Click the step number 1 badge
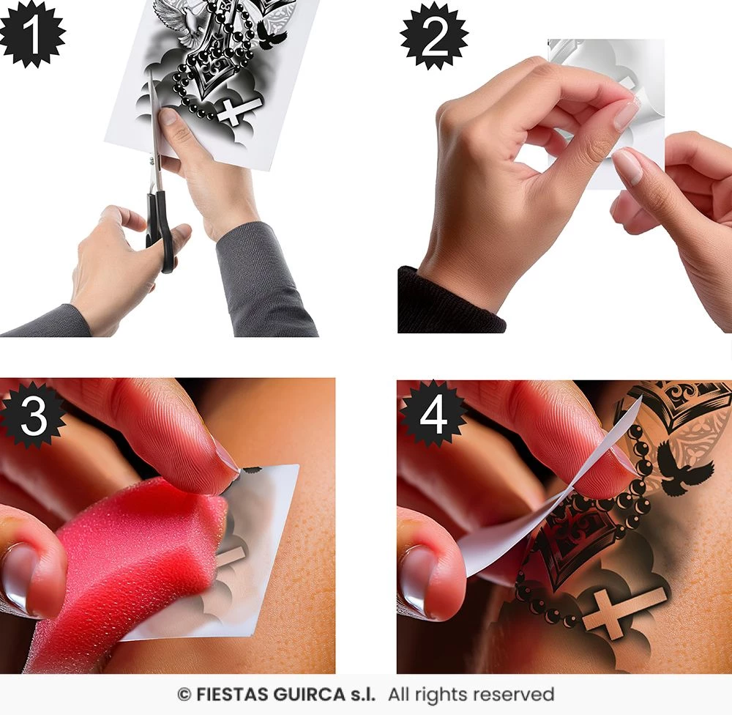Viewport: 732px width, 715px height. tap(31, 34)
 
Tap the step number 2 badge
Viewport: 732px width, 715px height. tap(434, 36)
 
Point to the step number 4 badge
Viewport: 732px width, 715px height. tap(433, 414)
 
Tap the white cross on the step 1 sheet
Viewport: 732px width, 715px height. tap(239, 111)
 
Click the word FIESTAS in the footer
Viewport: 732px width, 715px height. tap(231, 694)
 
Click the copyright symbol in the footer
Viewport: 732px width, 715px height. tap(184, 695)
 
